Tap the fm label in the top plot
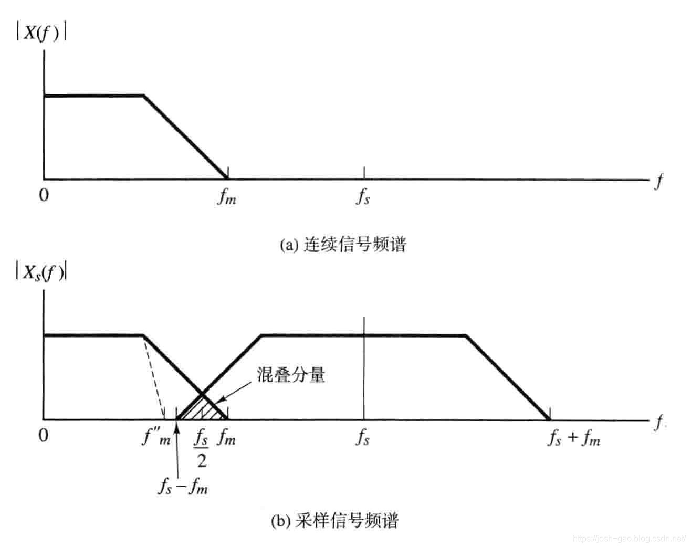click(227, 198)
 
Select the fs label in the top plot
click(363, 198)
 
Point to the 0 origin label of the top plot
click(44, 196)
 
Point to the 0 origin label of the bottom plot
click(44, 435)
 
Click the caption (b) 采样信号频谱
click(335, 521)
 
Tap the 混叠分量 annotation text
click(291, 375)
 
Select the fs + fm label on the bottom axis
click(573, 437)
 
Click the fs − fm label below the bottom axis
click(183, 487)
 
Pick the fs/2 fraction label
click(202, 449)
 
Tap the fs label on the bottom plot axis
click(363, 437)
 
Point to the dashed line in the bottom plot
click(154, 378)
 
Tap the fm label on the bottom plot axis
click(227, 437)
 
